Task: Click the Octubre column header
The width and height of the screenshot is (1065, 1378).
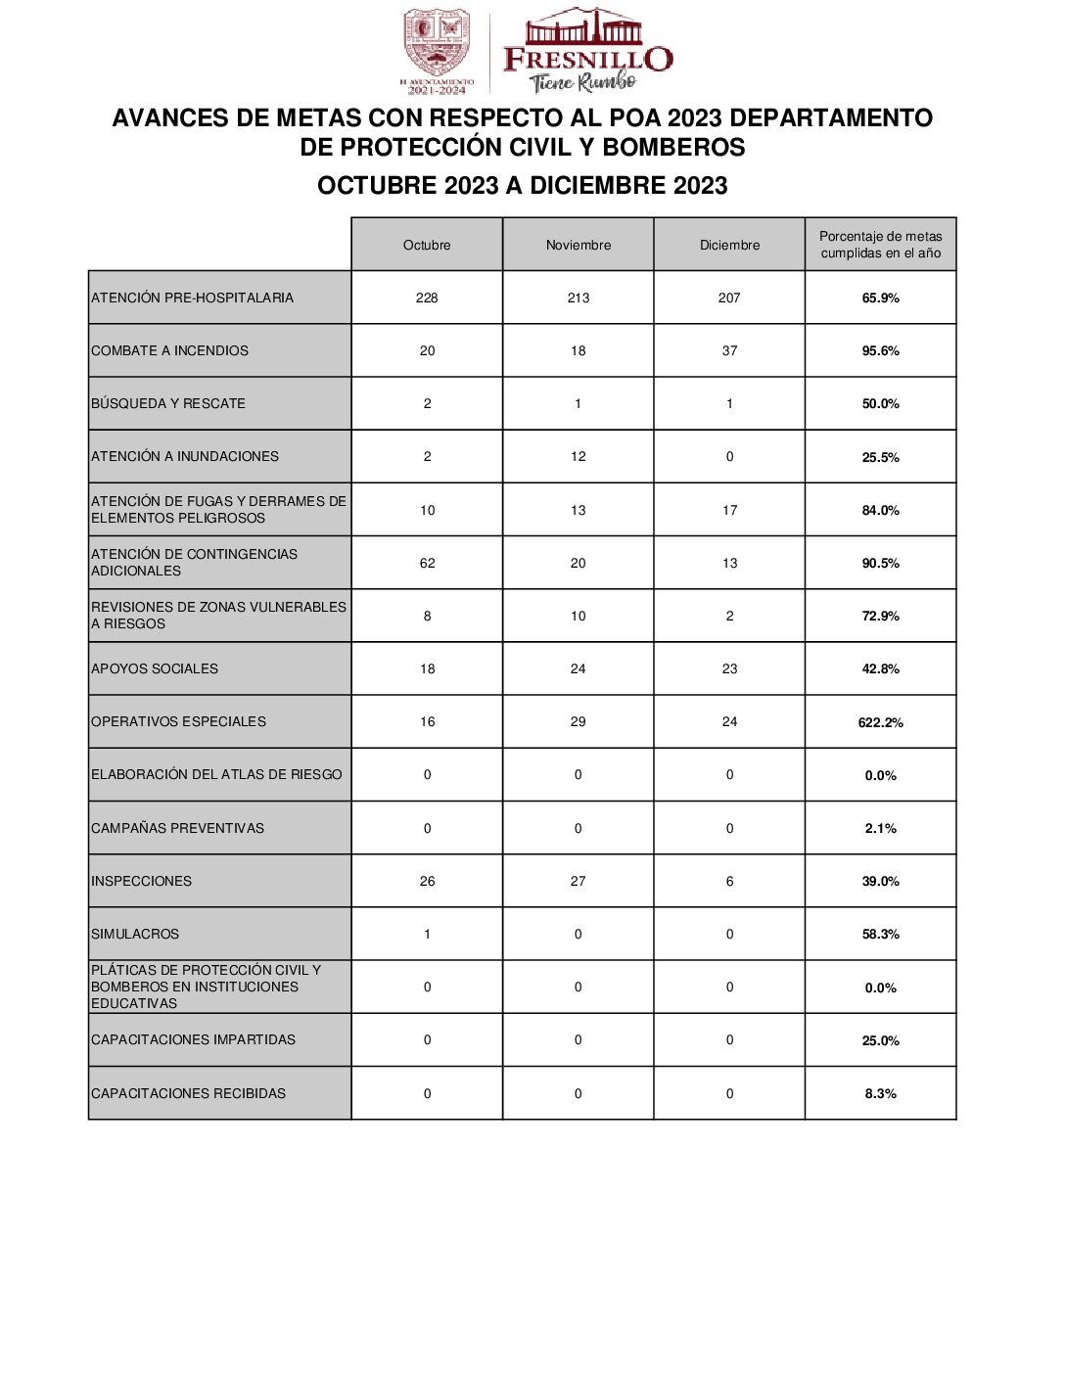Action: pyautogui.click(x=427, y=245)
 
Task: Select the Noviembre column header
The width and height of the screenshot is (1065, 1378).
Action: pyautogui.click(x=578, y=245)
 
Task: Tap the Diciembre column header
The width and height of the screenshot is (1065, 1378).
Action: pyautogui.click(x=729, y=245)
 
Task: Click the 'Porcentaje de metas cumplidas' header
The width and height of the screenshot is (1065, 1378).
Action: pyautogui.click(x=880, y=245)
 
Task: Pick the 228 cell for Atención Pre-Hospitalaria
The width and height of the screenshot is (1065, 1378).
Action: pyautogui.click(x=427, y=298)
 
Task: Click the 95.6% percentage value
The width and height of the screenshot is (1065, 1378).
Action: pyautogui.click(x=880, y=350)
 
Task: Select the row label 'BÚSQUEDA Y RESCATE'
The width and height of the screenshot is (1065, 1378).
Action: pyautogui.click(x=168, y=403)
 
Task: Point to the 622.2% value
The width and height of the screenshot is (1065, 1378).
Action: pyautogui.click(x=880, y=722)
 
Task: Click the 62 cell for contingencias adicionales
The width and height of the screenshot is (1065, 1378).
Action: pyautogui.click(x=427, y=563)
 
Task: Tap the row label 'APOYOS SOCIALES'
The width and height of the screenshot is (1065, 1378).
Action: pyautogui.click(x=155, y=668)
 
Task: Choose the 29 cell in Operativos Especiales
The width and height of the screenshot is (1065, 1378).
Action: pyautogui.click(x=578, y=721)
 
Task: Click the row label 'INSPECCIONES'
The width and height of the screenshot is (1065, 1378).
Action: pyautogui.click(x=142, y=881)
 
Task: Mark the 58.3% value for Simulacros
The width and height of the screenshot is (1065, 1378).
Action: pyautogui.click(x=880, y=934)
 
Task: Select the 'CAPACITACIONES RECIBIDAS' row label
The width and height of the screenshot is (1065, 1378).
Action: pyautogui.click(x=189, y=1093)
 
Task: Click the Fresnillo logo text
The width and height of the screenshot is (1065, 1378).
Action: pyautogui.click(x=587, y=59)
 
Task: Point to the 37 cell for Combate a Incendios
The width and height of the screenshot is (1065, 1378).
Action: pyautogui.click(x=729, y=350)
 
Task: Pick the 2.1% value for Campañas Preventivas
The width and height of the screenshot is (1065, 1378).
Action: pyautogui.click(x=880, y=828)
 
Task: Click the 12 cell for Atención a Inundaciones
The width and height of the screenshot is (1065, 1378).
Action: pyautogui.click(x=578, y=456)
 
